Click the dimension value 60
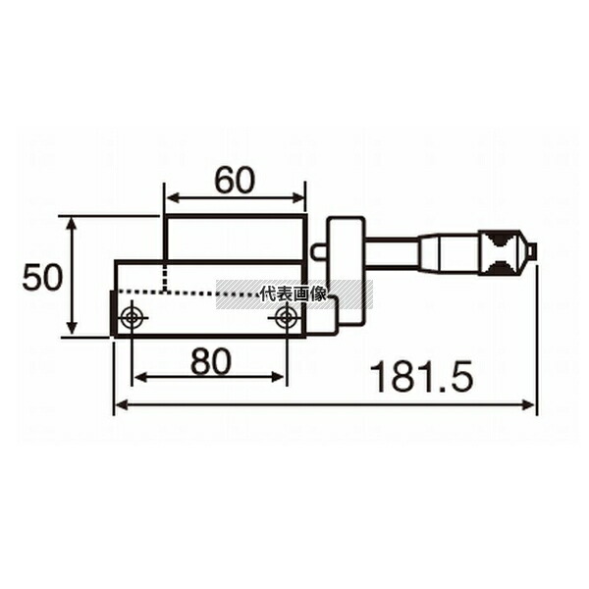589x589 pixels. [235, 180]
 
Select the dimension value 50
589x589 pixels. [42, 277]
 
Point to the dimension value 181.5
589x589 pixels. [421, 378]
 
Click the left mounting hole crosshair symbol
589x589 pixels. [132, 317]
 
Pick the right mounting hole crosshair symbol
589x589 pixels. [287, 317]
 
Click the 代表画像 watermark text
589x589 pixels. [294, 294]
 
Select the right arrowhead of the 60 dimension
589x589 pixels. [296, 197]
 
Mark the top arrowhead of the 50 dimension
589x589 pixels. [72, 224]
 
